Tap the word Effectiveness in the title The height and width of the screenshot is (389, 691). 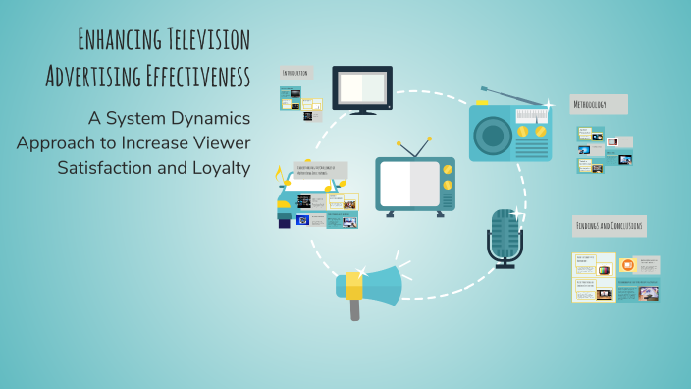191,76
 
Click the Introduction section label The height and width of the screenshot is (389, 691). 296,73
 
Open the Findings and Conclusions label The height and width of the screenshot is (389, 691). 609,227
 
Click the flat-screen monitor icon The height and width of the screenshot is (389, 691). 361,86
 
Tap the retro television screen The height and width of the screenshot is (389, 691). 409,182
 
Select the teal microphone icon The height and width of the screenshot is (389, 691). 505,239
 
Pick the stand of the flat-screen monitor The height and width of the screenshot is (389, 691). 361,110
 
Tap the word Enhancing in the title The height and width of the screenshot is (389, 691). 108,40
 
